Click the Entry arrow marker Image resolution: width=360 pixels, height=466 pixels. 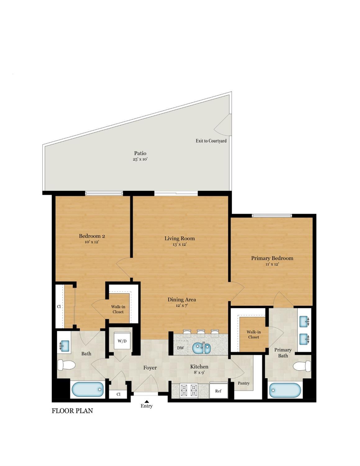pos(146,402)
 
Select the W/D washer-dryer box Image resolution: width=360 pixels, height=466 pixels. pos(122,341)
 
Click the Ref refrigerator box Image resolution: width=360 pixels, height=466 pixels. pos(218,390)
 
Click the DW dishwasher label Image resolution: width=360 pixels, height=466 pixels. pos(180,348)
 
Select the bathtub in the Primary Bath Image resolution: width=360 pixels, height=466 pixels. pos(285,390)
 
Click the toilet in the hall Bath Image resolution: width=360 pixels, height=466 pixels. pos(66,365)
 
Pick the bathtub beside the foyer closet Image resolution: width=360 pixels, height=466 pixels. pos(88,390)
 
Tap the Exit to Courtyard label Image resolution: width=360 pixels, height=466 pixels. pos(211,141)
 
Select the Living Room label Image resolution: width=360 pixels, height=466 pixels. pos(180,238)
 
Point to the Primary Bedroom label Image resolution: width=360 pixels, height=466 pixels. pos(272,258)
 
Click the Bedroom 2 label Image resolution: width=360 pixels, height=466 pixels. pos(92,236)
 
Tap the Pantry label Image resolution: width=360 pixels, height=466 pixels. pos(244,383)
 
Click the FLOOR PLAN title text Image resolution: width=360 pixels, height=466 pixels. pos(72,411)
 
